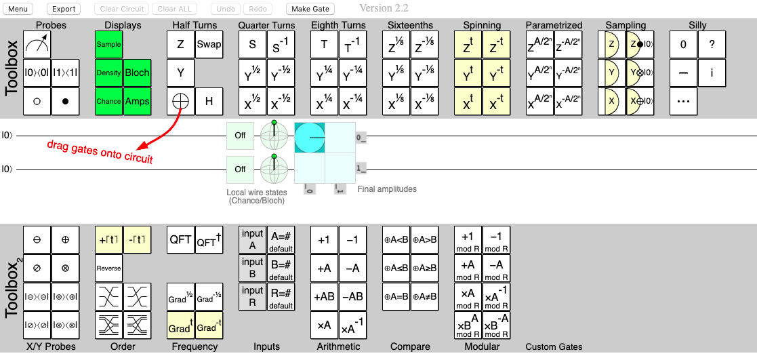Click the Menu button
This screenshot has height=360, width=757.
[19, 9]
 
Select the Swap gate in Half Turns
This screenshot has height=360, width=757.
[209, 45]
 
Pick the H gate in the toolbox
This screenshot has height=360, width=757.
[209, 102]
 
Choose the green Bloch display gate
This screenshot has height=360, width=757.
[137, 73]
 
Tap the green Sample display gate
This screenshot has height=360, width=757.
[108, 45]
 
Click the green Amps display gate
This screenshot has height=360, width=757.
[137, 102]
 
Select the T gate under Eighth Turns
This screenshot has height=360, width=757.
[324, 45]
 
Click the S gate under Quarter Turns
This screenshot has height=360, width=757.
[252, 45]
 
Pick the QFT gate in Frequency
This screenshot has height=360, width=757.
[180, 240]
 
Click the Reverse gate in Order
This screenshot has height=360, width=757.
[108, 268]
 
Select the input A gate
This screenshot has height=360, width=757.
[252, 240]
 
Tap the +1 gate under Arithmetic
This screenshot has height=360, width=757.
[324, 240]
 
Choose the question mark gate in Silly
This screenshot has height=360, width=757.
[712, 45]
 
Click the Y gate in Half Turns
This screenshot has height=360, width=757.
[180, 73]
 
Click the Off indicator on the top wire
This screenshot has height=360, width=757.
[240, 136]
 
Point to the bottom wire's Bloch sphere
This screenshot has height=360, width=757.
[274, 169]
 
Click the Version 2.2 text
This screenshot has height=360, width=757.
[386, 8]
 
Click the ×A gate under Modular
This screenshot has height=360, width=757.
[468, 297]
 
